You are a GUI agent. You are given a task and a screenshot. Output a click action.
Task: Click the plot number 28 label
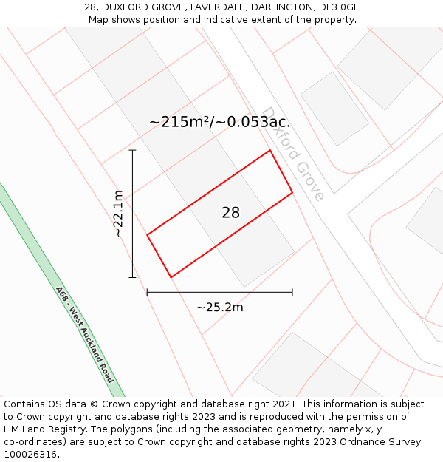230,213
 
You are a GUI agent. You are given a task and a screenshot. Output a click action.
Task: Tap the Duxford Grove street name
293,154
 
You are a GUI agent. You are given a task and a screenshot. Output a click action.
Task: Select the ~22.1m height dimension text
117,213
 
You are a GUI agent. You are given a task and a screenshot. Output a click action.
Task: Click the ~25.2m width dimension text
219,307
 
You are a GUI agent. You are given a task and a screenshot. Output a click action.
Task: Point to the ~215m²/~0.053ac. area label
219,122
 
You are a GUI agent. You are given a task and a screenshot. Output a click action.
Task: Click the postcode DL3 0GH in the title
341,7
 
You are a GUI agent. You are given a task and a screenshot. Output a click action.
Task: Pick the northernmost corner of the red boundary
269,151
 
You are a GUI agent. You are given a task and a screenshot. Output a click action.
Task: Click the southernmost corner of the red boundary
171,277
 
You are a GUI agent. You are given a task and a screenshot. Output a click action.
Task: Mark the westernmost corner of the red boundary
148,235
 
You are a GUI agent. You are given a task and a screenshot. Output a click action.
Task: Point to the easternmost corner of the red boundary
292,193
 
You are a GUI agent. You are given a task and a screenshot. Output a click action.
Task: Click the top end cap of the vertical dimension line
133,151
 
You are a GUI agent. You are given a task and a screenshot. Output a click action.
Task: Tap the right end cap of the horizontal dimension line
292,292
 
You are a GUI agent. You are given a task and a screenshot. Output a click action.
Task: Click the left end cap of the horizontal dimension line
148,292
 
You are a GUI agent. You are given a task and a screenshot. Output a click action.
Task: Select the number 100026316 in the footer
29,454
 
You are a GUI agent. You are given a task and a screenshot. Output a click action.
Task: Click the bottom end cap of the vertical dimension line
133,277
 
